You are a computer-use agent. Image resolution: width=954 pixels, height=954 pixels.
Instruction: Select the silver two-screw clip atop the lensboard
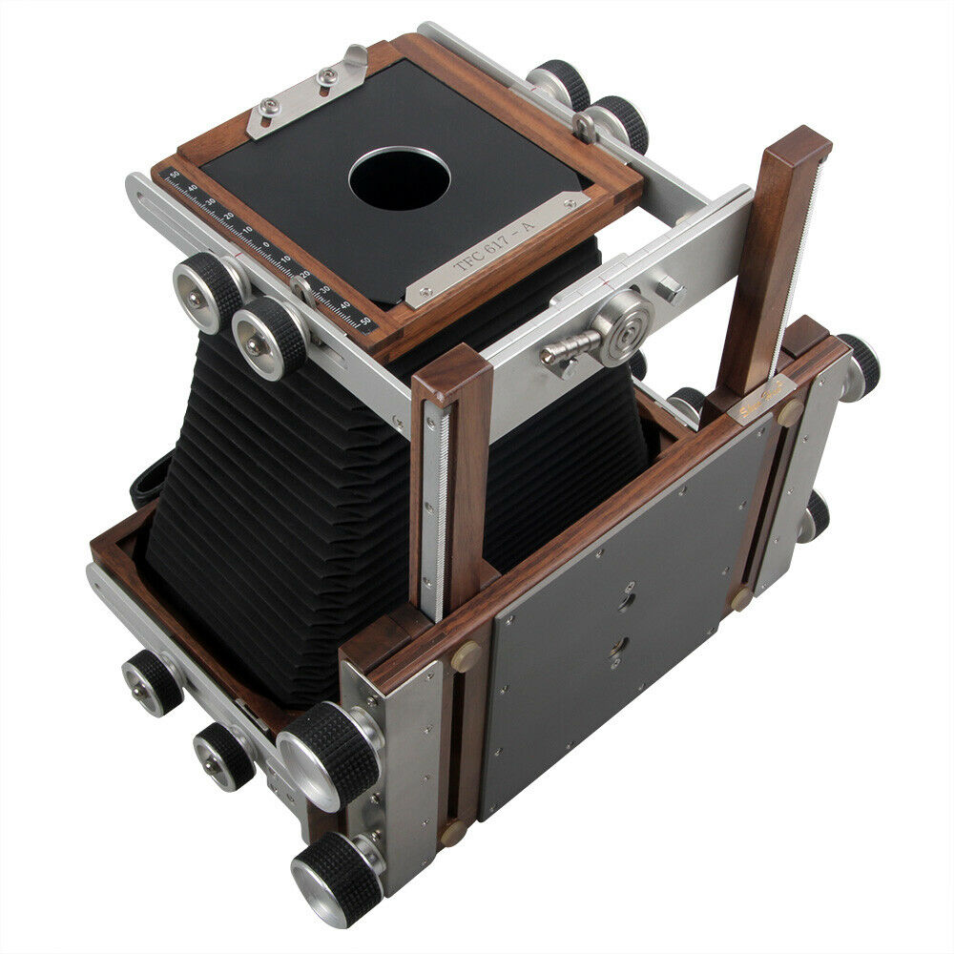[305, 91]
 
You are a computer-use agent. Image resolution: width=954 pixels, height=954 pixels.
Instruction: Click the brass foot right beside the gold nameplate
[791, 413]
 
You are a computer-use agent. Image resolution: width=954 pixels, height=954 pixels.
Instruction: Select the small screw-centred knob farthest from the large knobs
[153, 683]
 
